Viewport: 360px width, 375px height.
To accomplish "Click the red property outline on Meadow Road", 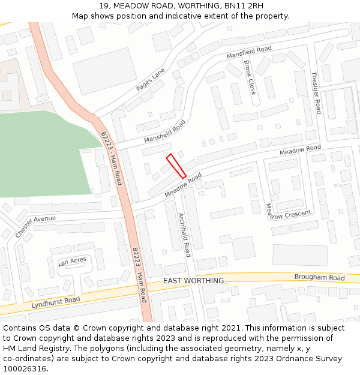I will point(176,166).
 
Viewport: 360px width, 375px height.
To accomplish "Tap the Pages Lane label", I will point(150,79).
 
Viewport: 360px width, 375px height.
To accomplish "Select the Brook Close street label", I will point(250,77).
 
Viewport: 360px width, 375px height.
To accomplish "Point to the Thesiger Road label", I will point(316,93).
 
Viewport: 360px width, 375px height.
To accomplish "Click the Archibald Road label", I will point(184,233).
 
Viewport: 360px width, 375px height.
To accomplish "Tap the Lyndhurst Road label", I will point(56,303).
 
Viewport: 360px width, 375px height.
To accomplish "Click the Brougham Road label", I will point(320,278).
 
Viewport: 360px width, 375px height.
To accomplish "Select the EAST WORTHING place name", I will point(193,281).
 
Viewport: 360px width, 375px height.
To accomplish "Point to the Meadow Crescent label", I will point(288,211).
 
